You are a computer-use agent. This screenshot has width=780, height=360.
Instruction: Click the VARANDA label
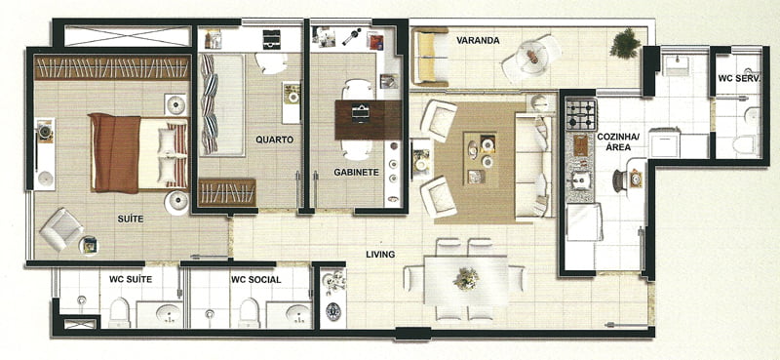point(478,40)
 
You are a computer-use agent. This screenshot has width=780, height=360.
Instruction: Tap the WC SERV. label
point(739,79)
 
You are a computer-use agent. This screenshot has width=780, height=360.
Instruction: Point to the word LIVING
point(380,255)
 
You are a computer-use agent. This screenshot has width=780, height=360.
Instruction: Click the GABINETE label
point(356,173)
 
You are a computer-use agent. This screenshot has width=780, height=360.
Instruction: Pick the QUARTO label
point(275,140)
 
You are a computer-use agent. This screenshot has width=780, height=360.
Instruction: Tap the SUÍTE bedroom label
point(131,219)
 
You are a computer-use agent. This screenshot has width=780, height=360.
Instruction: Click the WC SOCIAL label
point(255,280)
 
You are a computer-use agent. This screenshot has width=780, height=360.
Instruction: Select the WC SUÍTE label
point(131,279)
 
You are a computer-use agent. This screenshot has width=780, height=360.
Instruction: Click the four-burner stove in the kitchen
point(581,115)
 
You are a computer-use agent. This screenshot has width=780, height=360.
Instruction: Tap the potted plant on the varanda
point(625,44)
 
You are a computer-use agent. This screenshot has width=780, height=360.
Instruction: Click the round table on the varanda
point(531,58)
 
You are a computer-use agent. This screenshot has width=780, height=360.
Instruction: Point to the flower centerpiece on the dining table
point(466,278)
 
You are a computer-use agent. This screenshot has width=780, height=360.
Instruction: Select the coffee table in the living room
point(481,158)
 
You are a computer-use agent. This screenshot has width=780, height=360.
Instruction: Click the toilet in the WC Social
point(249,313)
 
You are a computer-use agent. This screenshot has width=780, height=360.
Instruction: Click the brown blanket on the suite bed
point(114,153)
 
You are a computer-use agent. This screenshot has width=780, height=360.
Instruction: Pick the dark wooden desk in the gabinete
point(369,120)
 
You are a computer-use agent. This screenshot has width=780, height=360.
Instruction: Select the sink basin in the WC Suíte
point(168,314)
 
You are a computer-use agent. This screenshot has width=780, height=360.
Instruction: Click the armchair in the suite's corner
point(61,229)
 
